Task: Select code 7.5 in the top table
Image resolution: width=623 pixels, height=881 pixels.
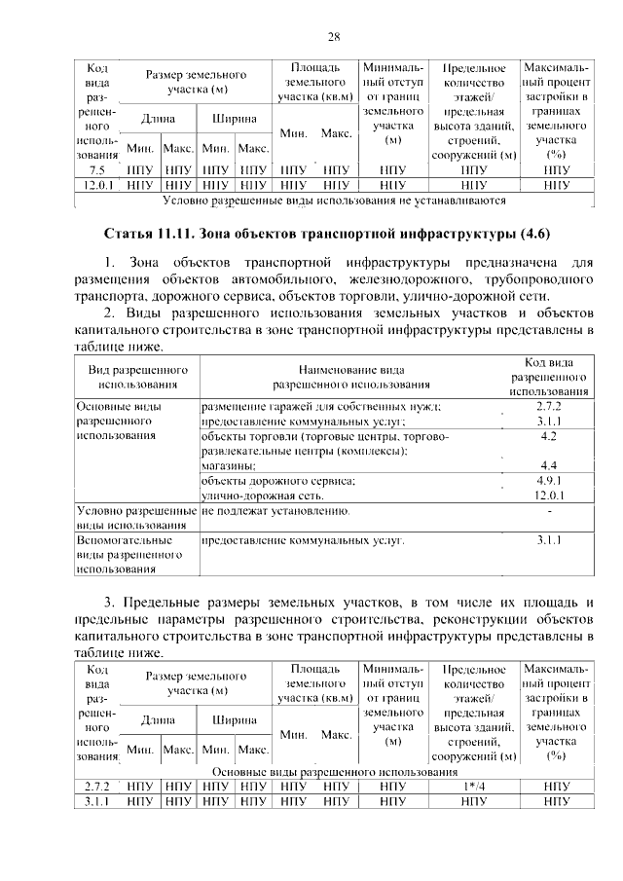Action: (x=97, y=168)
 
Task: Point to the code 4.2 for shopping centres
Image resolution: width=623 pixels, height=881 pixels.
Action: (x=548, y=437)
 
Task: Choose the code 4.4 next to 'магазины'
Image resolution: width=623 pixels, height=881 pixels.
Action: (x=548, y=465)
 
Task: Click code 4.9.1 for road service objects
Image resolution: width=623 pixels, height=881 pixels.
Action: (x=548, y=481)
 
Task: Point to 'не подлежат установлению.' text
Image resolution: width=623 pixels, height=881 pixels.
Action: (x=275, y=511)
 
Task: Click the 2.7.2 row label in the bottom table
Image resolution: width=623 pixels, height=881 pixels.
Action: (x=97, y=787)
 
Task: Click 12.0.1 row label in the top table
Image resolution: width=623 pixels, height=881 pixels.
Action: (x=97, y=183)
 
